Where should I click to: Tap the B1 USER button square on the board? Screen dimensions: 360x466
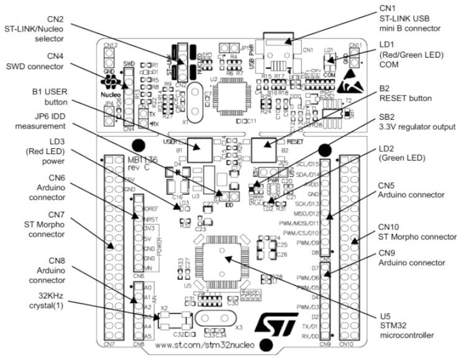[x=198, y=148]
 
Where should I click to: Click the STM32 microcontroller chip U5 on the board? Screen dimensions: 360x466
[x=221, y=259]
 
